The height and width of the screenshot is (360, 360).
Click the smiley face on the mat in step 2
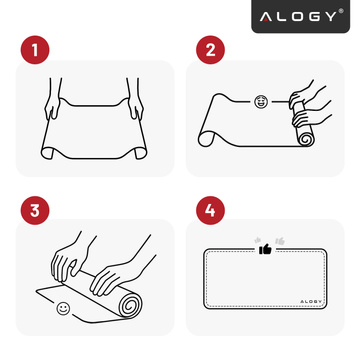click(261, 101)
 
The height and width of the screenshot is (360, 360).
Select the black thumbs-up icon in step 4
click(265, 250)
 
